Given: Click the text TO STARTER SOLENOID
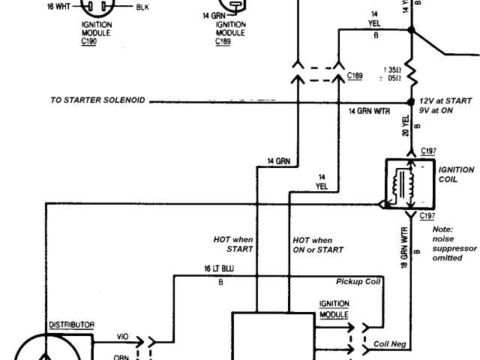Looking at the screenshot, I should (x=98, y=100).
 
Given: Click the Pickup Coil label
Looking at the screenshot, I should (x=358, y=283).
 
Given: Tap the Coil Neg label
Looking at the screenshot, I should (x=390, y=345).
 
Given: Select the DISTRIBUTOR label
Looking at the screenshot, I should (x=71, y=324).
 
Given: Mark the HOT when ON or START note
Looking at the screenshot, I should (x=318, y=244).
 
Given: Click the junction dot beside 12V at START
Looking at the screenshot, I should (x=411, y=100).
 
